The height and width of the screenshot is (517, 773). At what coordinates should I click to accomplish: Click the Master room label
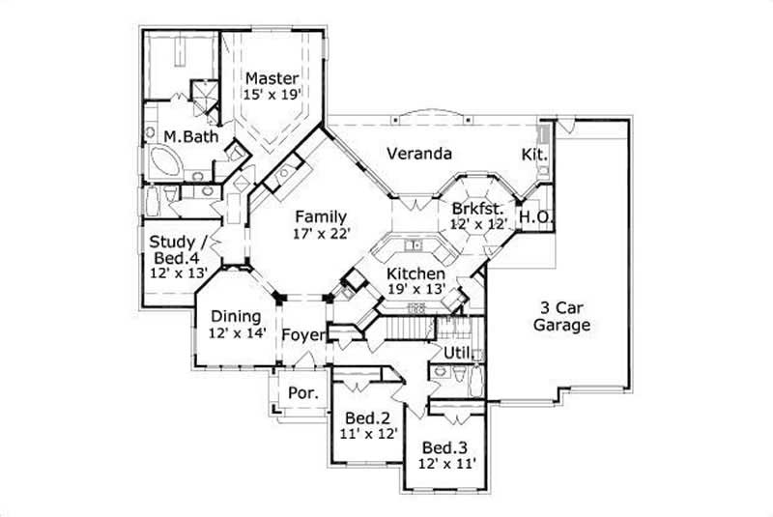[272, 78]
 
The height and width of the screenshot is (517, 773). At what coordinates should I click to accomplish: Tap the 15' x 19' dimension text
[272, 95]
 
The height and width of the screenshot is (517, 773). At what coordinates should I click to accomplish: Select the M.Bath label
[190, 136]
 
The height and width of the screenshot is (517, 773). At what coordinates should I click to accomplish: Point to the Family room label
[322, 216]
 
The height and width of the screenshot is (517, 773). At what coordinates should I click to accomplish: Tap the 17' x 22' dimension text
[322, 233]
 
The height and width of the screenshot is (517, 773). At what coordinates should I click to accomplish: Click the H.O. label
[535, 217]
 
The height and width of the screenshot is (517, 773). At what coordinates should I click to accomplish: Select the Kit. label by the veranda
[534, 154]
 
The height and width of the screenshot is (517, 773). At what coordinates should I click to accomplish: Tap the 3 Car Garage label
[560, 317]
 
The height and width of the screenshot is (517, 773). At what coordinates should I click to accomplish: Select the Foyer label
[301, 335]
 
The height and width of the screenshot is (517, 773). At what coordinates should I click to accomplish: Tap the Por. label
[300, 393]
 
